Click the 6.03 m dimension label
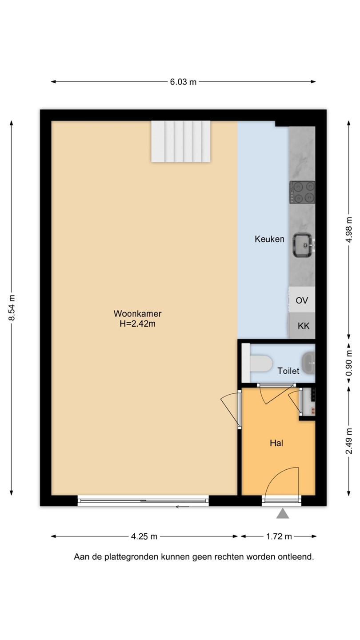183,82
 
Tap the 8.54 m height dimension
12,308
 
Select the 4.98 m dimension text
348,230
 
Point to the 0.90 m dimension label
348,363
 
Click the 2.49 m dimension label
348,441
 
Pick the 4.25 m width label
144,536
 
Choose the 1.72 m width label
279,536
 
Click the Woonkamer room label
137,313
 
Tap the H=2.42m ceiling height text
137,324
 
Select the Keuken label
269,239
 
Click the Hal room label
276,443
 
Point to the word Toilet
288,371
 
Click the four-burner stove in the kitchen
302,192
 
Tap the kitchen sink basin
303,245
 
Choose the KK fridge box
302,326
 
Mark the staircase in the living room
180,141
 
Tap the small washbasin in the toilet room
309,363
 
